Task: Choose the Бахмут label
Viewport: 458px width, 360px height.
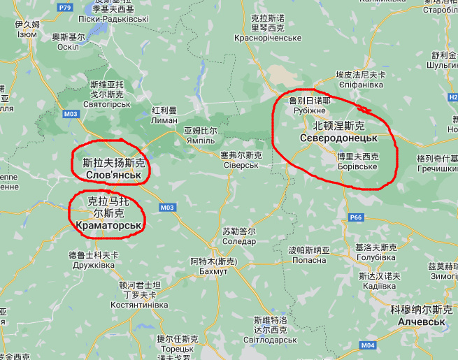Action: (x=213, y=271)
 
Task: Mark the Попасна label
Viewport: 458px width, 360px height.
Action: (x=308, y=260)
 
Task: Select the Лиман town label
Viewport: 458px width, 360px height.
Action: (x=164, y=120)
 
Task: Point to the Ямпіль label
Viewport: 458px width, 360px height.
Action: (x=200, y=140)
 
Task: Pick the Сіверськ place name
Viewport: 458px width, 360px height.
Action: (x=240, y=165)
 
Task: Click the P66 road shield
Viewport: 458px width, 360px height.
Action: (x=356, y=217)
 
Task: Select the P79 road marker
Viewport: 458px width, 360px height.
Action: (x=66, y=7)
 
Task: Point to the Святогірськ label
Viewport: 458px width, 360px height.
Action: (x=107, y=103)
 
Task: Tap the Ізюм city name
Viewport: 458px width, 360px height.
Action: (x=27, y=34)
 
